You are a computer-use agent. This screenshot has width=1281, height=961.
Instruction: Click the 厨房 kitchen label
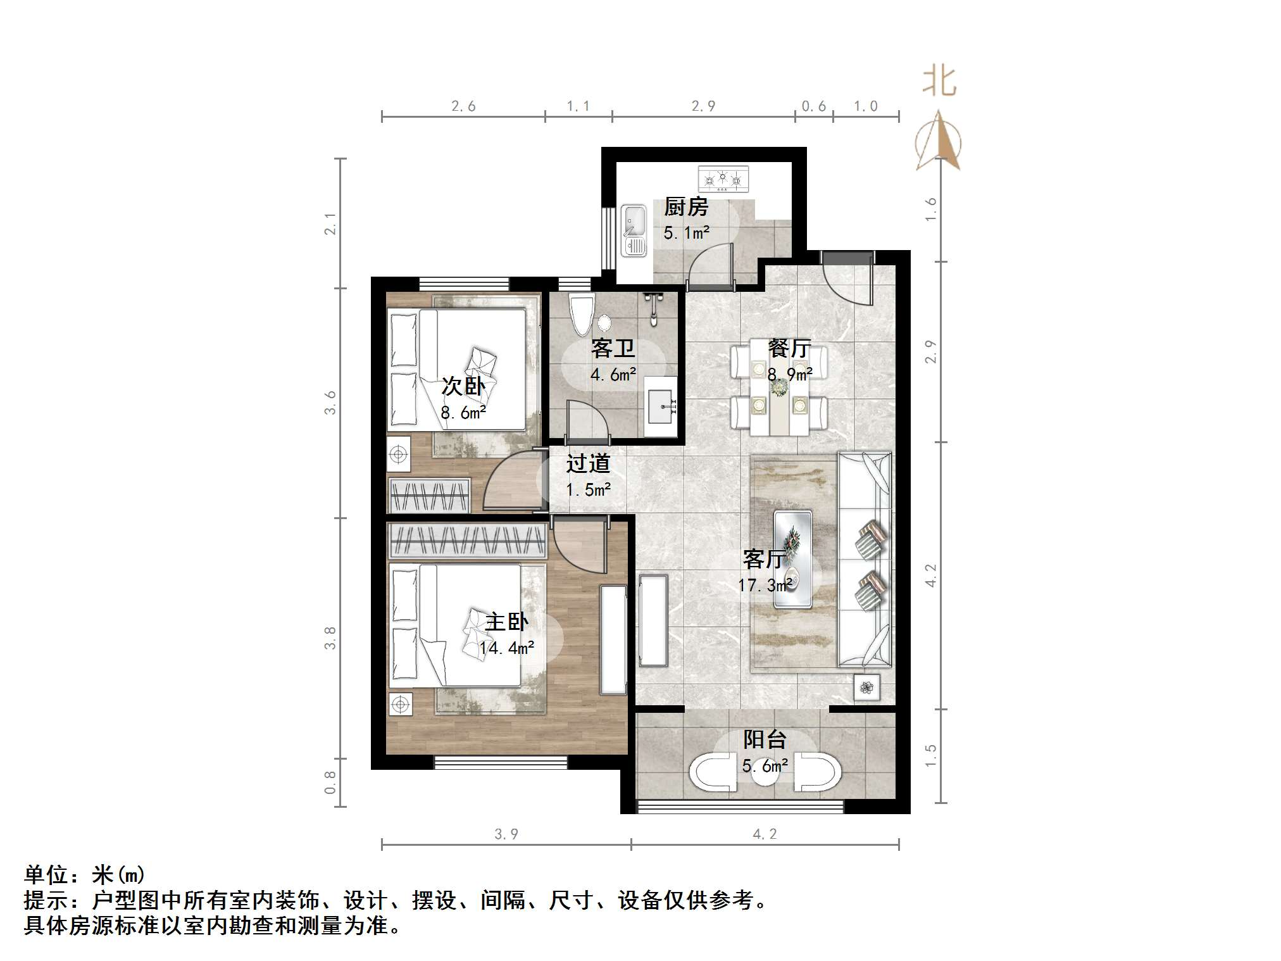(x=686, y=207)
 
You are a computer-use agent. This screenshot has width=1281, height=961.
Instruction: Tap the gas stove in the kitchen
(x=723, y=179)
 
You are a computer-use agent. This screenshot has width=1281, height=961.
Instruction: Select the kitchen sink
(x=634, y=230)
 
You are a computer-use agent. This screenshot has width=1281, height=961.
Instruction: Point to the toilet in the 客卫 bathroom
(x=581, y=314)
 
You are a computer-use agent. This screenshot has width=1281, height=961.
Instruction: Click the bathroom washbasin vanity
(x=661, y=406)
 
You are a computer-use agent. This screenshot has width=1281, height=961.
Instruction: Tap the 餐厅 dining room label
(x=789, y=348)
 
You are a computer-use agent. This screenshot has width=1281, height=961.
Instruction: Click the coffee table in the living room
(x=793, y=559)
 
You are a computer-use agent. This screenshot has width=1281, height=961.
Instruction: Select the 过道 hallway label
(x=588, y=463)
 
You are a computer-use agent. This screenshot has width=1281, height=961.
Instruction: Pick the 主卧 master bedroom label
(x=506, y=622)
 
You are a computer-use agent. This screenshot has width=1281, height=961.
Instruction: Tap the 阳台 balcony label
(x=765, y=739)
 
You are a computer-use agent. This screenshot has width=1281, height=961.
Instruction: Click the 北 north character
(x=939, y=82)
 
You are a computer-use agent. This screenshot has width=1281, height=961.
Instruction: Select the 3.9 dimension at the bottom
(x=506, y=834)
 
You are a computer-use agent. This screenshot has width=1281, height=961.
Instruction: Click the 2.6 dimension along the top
(x=463, y=106)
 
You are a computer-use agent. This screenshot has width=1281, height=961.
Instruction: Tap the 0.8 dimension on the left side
(x=330, y=782)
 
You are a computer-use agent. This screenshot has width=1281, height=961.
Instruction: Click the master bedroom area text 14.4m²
(x=506, y=648)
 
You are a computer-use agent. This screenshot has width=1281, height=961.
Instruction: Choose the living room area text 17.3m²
(x=765, y=585)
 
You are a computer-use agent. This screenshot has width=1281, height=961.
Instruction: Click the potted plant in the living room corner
(x=866, y=688)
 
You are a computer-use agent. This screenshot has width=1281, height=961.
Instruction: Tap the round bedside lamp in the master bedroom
(x=400, y=704)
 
